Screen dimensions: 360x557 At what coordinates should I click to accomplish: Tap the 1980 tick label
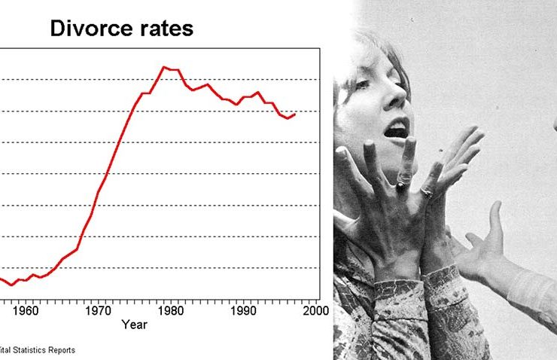click(171, 310)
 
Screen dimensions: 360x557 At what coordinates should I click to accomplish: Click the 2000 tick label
click(315, 310)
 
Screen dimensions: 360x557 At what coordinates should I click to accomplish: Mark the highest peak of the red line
click(164, 67)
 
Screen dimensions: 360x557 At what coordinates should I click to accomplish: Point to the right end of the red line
click(295, 114)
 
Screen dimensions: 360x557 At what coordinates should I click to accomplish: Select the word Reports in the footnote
click(63, 349)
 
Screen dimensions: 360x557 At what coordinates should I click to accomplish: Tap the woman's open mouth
click(395, 131)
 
